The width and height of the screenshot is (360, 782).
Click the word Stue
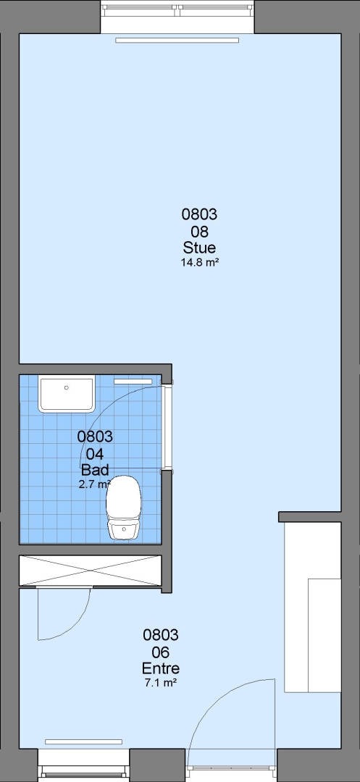[199, 248]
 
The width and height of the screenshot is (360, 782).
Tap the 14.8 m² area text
[199, 262]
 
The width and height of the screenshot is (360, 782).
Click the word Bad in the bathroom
[95, 470]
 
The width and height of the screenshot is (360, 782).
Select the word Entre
[161, 668]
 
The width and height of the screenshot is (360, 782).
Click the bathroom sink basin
[67, 395]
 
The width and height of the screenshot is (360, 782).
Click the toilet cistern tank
[124, 530]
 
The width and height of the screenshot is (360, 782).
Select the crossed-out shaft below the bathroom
[91, 571]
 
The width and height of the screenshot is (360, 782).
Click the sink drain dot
[67, 387]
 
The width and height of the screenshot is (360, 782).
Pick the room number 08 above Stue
[199, 232]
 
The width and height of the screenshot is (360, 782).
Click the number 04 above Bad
[95, 454]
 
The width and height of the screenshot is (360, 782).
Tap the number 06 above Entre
[161, 652]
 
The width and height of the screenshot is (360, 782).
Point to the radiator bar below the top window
[177, 41]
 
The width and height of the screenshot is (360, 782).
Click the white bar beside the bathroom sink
[133, 382]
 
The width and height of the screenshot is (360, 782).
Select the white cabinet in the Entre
[313, 607]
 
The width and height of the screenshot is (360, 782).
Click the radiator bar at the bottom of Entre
[84, 742]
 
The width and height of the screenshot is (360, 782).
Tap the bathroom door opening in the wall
[167, 427]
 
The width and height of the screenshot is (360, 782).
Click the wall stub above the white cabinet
[309, 517]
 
